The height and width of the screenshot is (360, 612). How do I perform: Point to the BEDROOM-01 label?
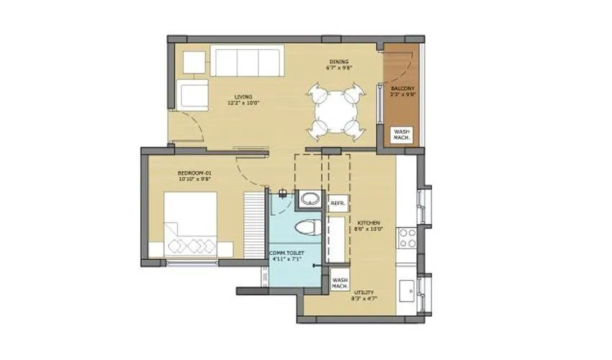(x=194, y=174)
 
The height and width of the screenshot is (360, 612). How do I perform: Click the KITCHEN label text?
(x=368, y=223)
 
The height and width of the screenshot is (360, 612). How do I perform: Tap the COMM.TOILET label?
(x=286, y=253)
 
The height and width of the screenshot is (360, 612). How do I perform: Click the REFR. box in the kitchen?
(x=338, y=204)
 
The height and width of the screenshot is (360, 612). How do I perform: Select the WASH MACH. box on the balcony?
(x=402, y=135)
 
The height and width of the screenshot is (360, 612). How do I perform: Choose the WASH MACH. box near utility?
(x=340, y=282)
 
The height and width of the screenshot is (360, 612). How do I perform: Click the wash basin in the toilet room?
(x=310, y=199)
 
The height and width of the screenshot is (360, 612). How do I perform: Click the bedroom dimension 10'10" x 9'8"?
(x=194, y=181)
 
